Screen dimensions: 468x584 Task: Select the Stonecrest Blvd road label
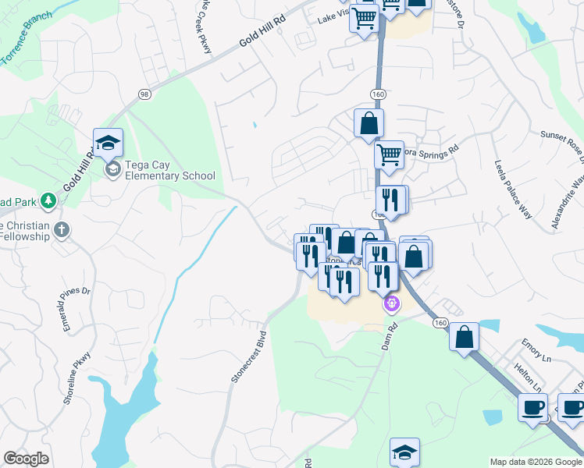point(248,352)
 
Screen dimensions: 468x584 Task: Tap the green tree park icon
point(48,200)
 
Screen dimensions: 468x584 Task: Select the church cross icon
point(62,229)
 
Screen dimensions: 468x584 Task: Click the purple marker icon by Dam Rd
point(391,303)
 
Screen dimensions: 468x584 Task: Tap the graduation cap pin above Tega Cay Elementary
point(108,143)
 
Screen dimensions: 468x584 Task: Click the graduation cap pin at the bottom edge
point(404,452)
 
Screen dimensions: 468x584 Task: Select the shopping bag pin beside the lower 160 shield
point(464,337)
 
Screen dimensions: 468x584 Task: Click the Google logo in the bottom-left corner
point(26,459)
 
